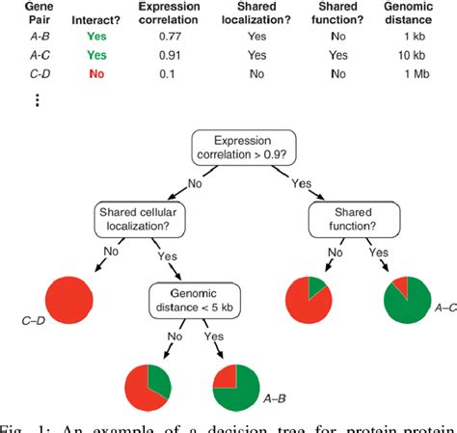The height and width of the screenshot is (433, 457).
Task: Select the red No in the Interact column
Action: point(96,73)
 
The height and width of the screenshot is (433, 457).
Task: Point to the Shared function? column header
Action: point(339,14)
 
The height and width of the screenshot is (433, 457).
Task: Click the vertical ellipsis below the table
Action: point(37,100)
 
